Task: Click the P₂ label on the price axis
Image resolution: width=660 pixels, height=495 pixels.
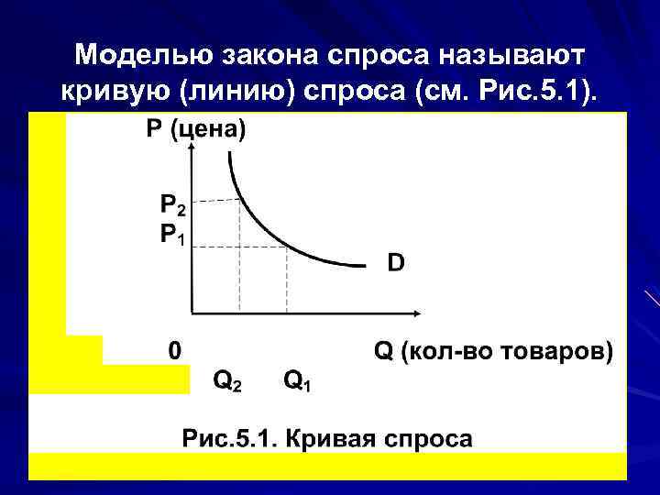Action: point(172,204)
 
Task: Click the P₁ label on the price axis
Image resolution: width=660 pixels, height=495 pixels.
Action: point(172,236)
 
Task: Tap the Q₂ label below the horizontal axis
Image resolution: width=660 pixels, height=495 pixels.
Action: point(227,379)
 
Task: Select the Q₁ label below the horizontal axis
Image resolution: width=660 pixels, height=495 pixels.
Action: point(296,379)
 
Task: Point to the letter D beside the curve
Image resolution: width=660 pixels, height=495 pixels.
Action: point(395,263)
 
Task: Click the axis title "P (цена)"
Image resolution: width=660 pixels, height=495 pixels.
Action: point(196,130)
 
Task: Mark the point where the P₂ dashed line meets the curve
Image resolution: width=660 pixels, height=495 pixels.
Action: point(240,199)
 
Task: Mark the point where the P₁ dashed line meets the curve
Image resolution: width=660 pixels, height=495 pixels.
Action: point(287,246)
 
